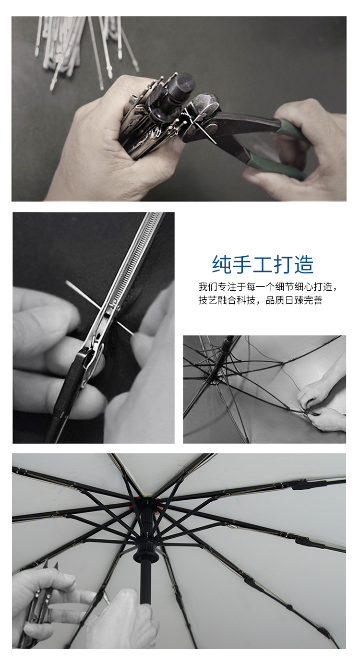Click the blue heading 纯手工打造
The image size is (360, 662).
coord(263,264)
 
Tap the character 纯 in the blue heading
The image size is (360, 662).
coord(222,264)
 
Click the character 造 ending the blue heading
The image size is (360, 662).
coord(304,264)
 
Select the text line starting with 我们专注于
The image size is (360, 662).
coord(268,286)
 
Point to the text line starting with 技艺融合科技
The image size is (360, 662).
coord(260,300)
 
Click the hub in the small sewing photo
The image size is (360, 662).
coord(213,378)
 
